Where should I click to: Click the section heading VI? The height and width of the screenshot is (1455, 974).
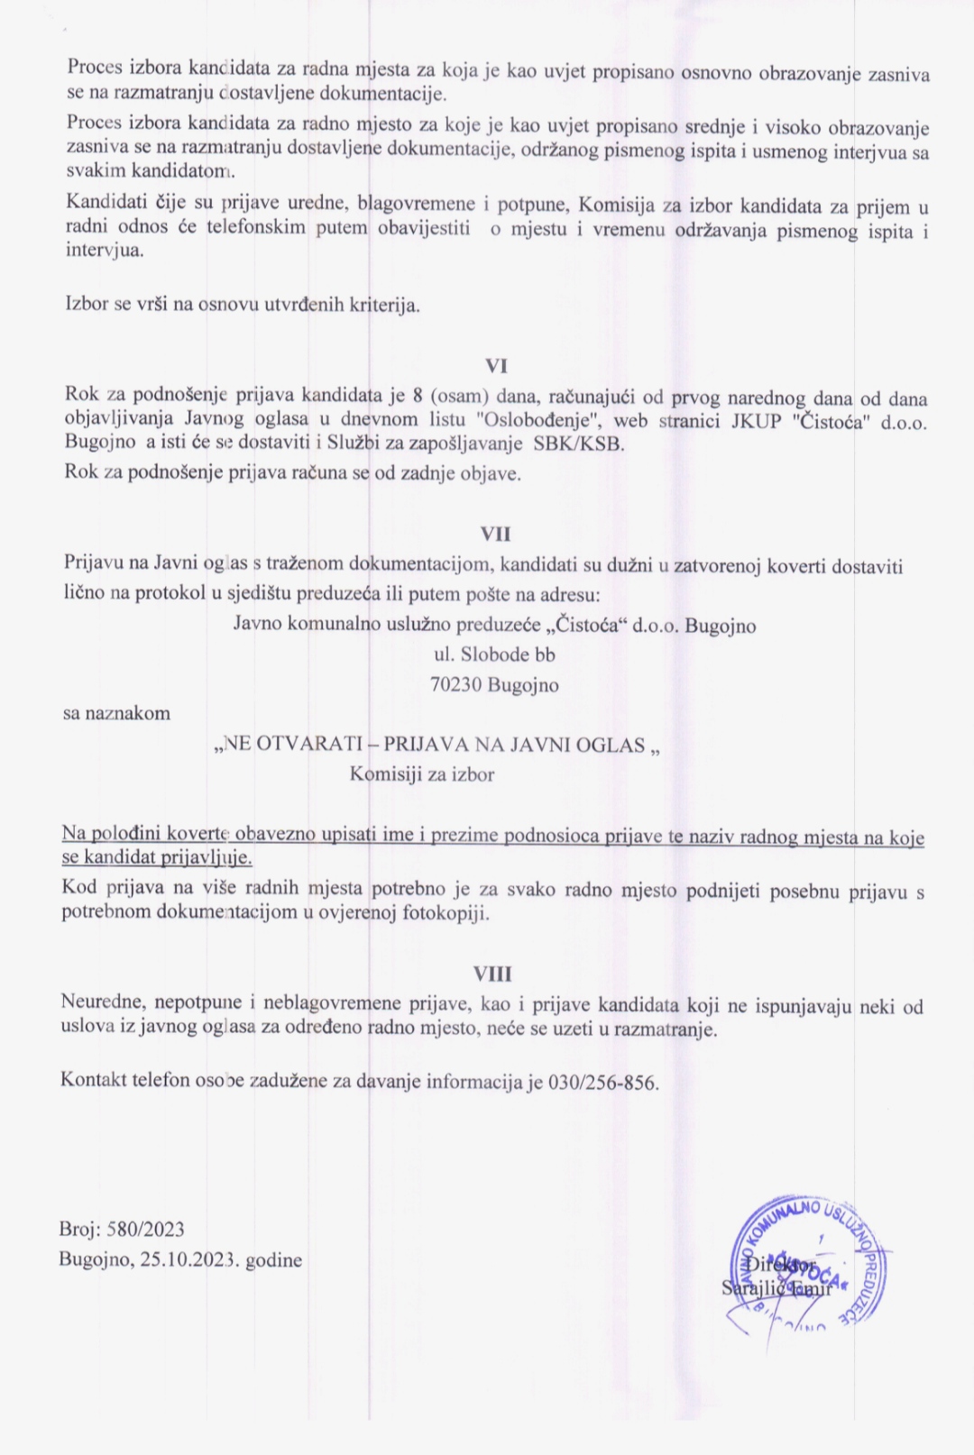pos(496,366)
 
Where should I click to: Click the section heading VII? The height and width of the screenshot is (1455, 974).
pos(496,534)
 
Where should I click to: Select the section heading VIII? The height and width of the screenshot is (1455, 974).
pos(492,974)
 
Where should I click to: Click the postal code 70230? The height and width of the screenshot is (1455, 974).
pos(456,685)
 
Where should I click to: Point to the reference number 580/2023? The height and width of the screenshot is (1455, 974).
pos(145,1230)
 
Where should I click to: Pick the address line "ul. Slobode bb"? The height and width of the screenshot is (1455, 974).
pos(494,655)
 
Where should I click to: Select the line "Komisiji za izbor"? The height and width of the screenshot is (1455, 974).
pos(422,774)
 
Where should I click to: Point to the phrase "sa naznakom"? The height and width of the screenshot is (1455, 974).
pos(116,713)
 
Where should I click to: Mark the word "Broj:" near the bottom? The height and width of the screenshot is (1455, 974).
pos(79,1230)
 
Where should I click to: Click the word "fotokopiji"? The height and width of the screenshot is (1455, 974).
pos(445,912)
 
